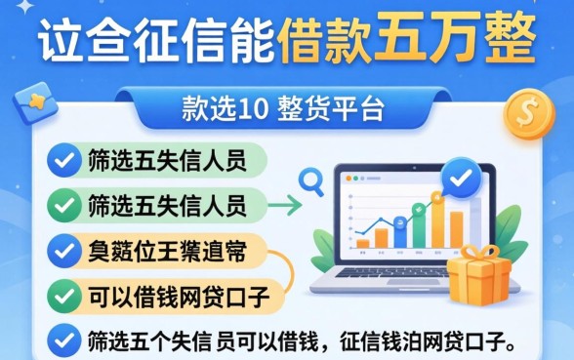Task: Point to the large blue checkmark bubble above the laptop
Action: tap(461, 178)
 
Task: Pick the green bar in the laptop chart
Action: tap(419, 224)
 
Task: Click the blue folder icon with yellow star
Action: tap(35, 104)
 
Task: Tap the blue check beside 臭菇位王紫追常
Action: tap(65, 252)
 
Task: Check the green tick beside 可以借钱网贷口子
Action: tap(65, 293)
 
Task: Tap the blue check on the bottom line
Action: tap(65, 340)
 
